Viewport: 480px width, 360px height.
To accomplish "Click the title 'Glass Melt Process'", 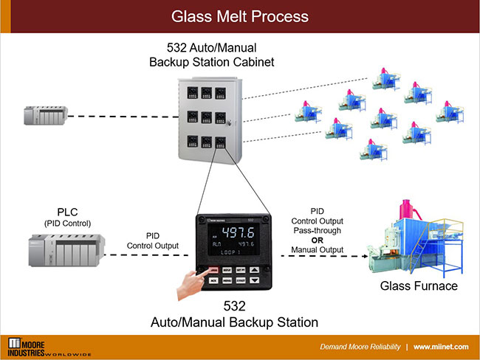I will [x=239, y=15].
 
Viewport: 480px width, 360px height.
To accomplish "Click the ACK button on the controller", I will [x=213, y=281].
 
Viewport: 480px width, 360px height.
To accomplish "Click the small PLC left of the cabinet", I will [x=44, y=114].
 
